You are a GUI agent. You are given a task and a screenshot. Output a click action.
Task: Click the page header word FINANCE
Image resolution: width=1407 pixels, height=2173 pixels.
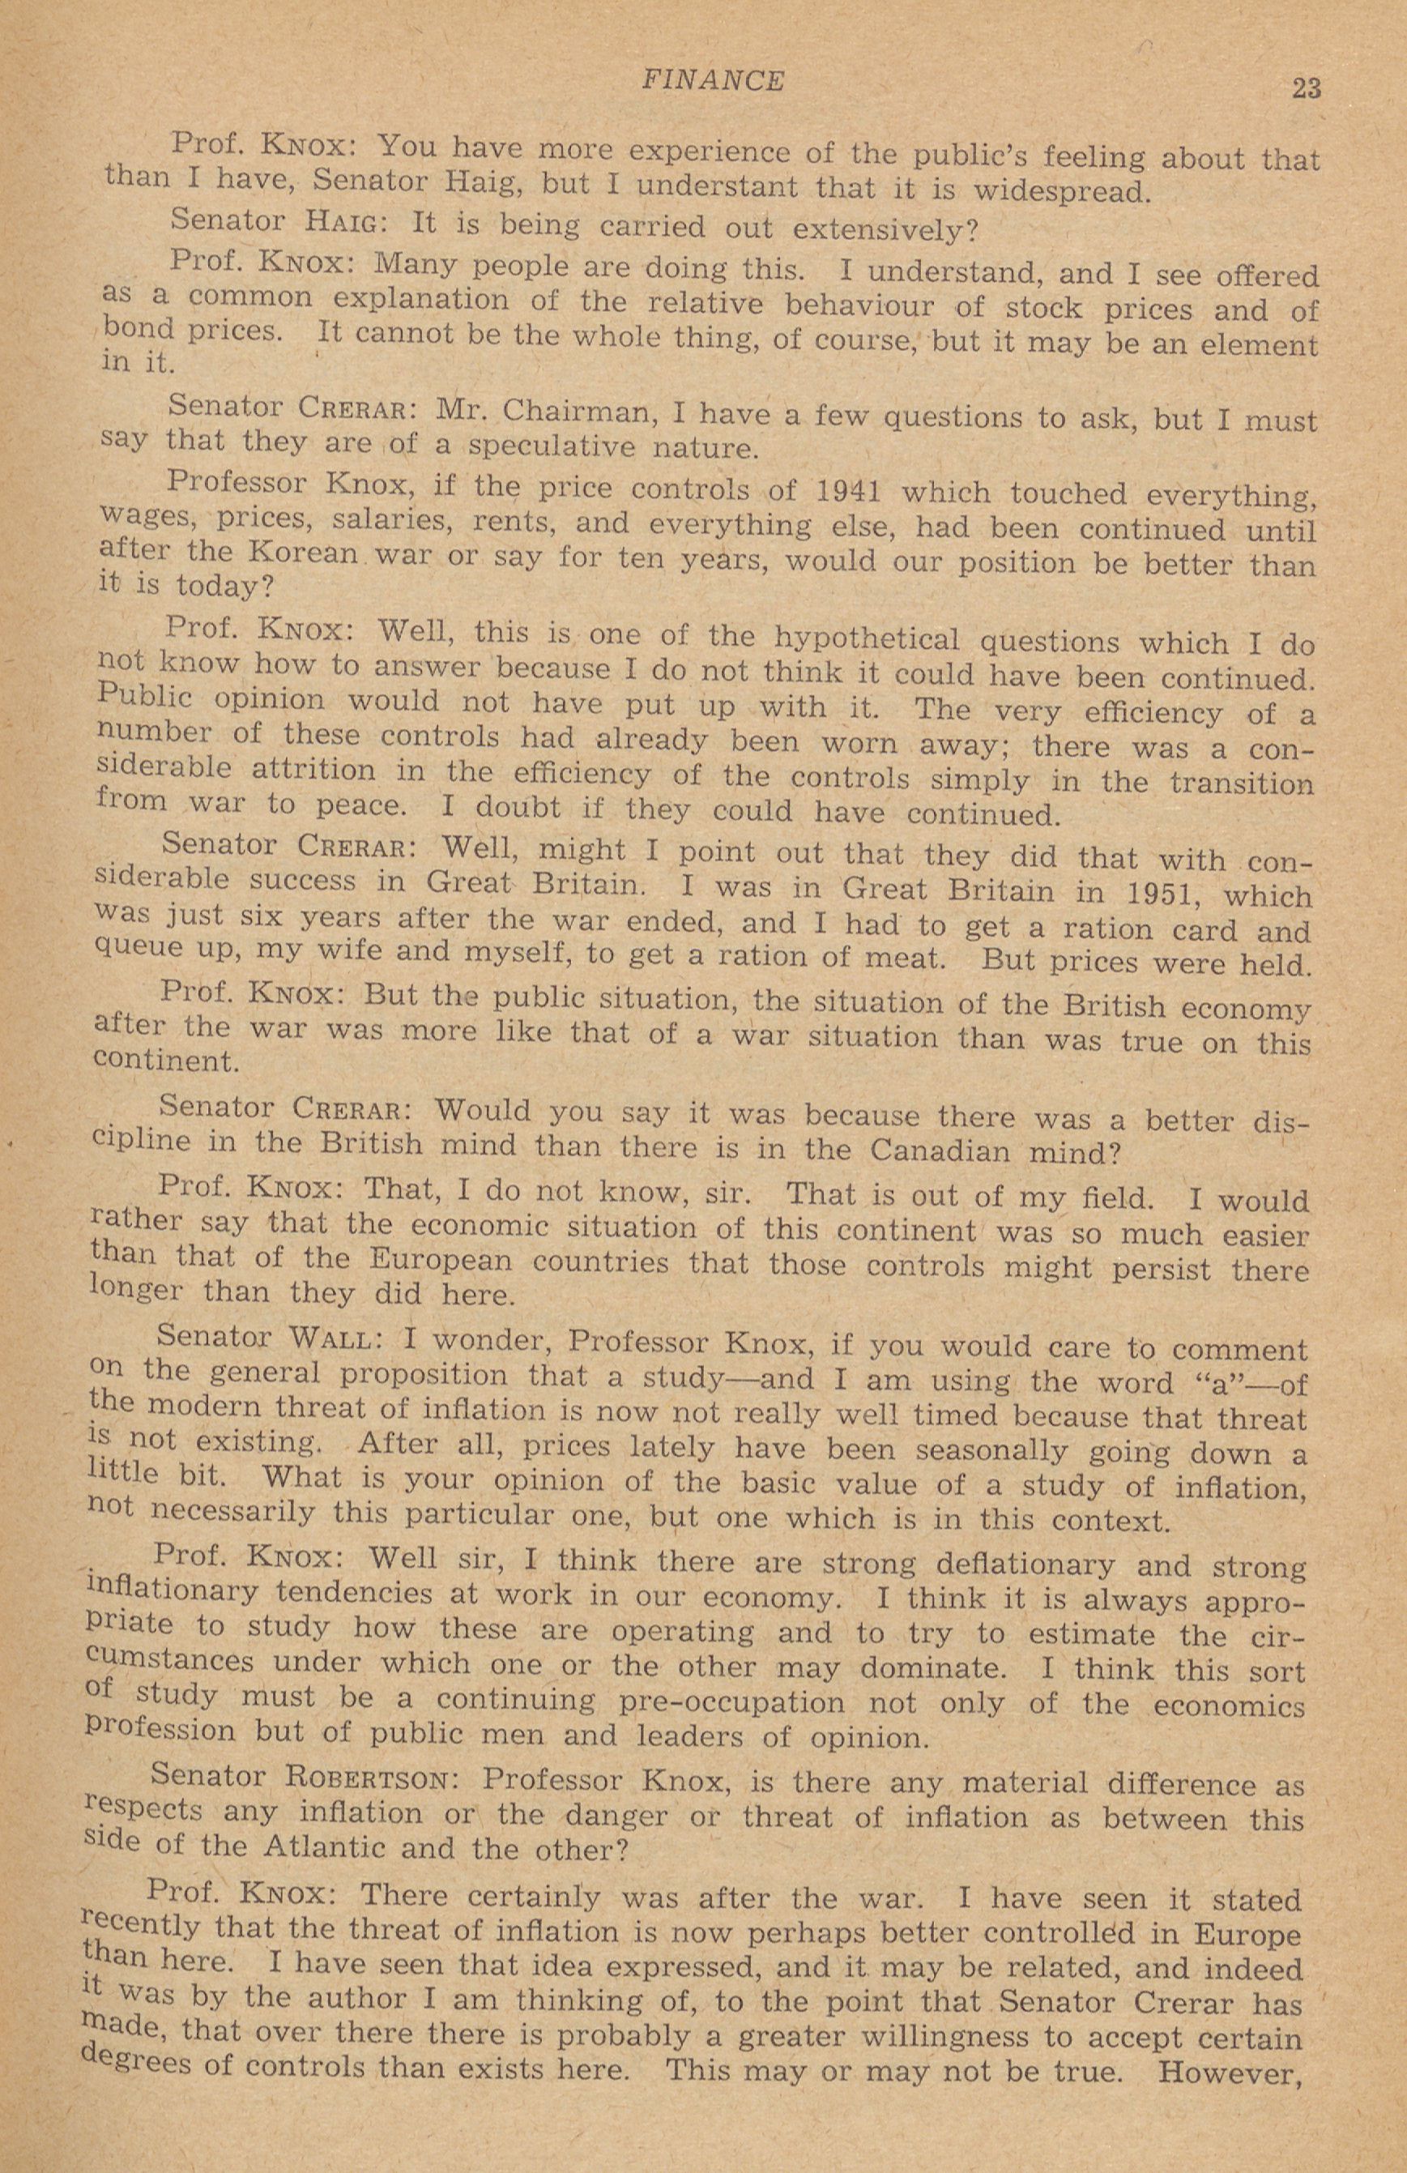(x=712, y=81)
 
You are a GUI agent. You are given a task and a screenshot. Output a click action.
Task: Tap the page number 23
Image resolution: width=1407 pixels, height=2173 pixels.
(x=1306, y=88)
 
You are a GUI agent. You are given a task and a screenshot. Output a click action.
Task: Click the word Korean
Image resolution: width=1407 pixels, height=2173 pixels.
(x=301, y=555)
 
